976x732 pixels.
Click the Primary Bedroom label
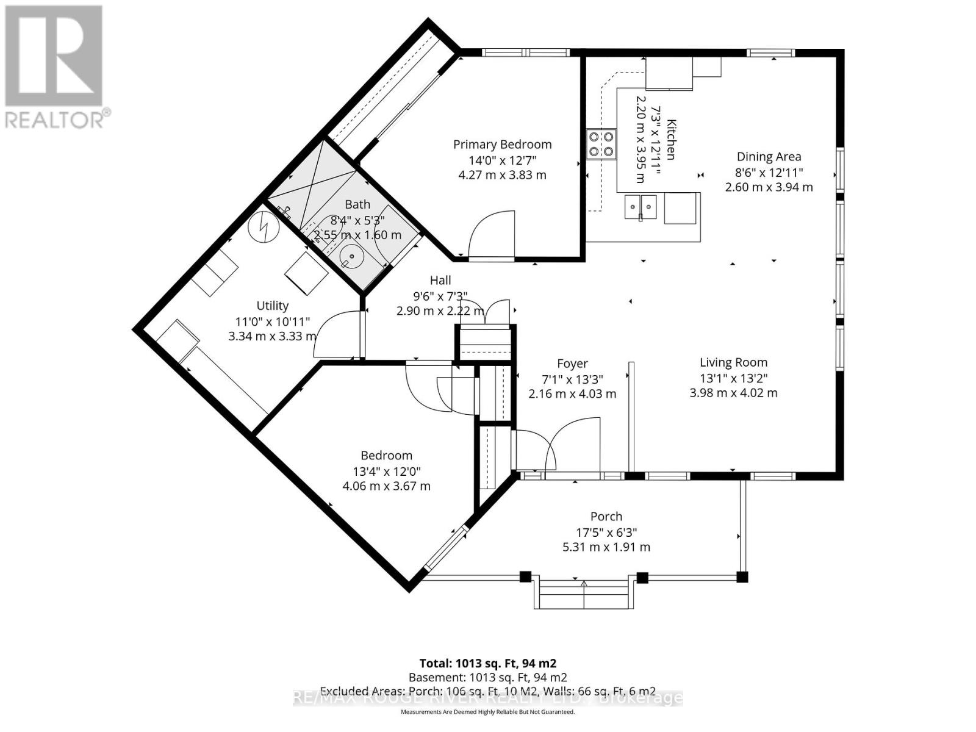point(502,145)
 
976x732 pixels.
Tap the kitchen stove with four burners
point(601,145)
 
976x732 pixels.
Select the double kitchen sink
point(640,207)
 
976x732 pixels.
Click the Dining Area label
point(769,157)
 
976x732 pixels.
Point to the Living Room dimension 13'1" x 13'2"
point(733,378)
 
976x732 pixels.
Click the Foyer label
point(572,364)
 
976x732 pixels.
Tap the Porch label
point(606,517)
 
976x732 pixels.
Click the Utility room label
point(272,306)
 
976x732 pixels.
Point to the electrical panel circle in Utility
point(264,226)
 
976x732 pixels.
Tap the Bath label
point(357,204)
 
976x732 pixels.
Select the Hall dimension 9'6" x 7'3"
point(440,296)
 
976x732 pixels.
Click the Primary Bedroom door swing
point(493,235)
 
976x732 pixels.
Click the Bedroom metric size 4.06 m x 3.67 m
point(386,486)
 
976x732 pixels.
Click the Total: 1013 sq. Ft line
point(487,663)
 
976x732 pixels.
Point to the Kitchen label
point(670,139)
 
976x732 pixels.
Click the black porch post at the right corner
point(742,576)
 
